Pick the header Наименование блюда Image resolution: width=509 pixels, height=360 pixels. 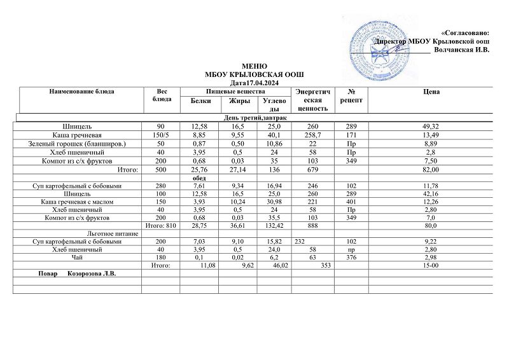(81, 92)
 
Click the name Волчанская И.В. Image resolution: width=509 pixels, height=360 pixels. (461, 50)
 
